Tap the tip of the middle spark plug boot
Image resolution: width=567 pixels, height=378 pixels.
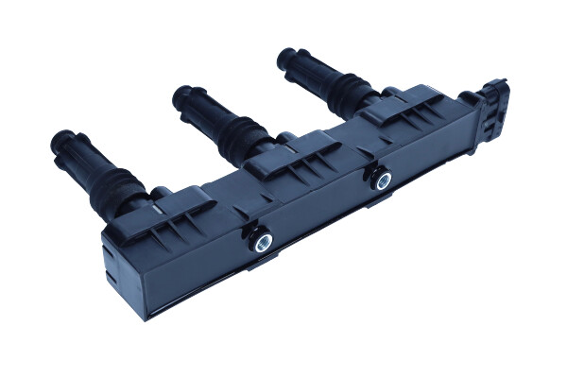click(183, 94)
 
